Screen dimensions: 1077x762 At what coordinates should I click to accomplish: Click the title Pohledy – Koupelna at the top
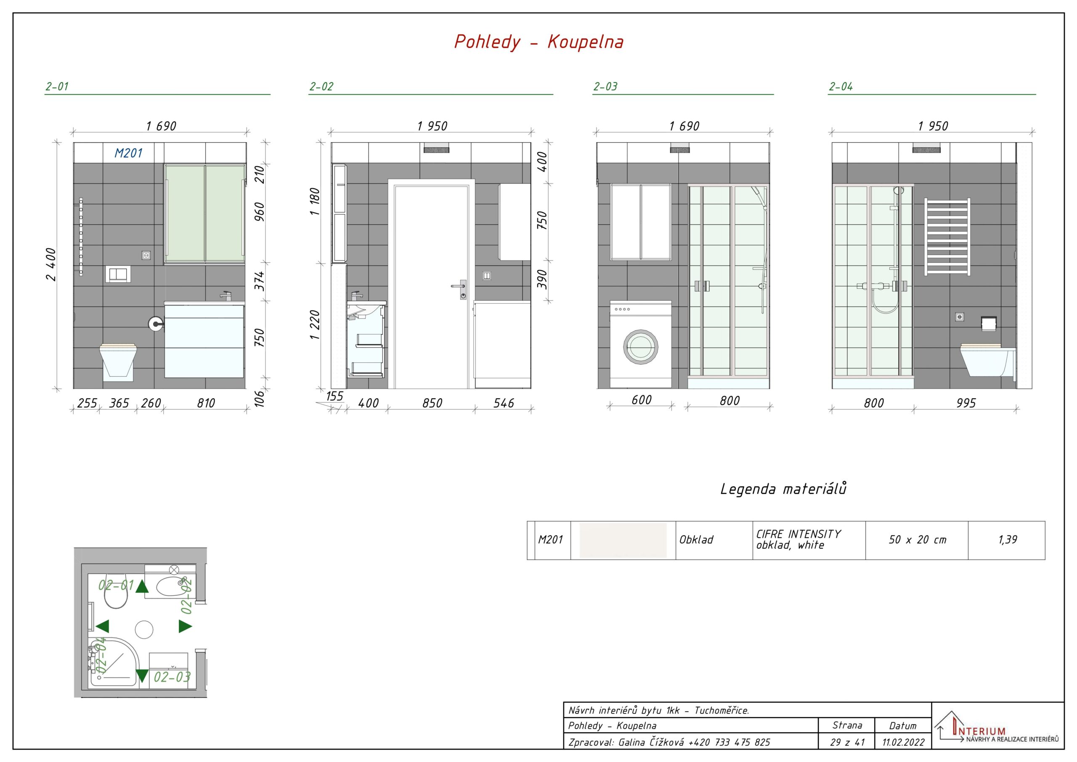click(x=539, y=42)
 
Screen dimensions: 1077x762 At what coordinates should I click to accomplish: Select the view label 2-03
click(x=605, y=86)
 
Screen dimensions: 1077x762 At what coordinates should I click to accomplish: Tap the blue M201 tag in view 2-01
click(x=129, y=153)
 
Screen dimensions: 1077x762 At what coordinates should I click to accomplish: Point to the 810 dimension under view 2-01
click(x=206, y=403)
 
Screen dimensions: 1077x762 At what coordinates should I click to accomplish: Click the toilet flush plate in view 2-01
click(x=118, y=274)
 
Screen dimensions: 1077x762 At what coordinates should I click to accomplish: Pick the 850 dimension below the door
click(x=432, y=403)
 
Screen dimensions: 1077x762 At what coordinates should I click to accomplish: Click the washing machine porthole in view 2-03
click(x=640, y=347)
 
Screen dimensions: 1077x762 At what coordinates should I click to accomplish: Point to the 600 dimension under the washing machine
click(x=641, y=400)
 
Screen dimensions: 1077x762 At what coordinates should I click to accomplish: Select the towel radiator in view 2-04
click(x=947, y=237)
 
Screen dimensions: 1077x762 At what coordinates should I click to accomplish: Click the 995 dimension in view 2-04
click(x=966, y=403)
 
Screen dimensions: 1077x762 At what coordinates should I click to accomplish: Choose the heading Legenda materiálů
click(x=783, y=489)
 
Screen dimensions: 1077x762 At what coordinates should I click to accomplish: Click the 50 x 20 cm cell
click(x=918, y=540)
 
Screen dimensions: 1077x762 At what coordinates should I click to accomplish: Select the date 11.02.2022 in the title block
click(x=903, y=742)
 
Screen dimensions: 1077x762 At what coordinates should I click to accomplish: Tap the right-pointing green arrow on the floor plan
click(x=185, y=626)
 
